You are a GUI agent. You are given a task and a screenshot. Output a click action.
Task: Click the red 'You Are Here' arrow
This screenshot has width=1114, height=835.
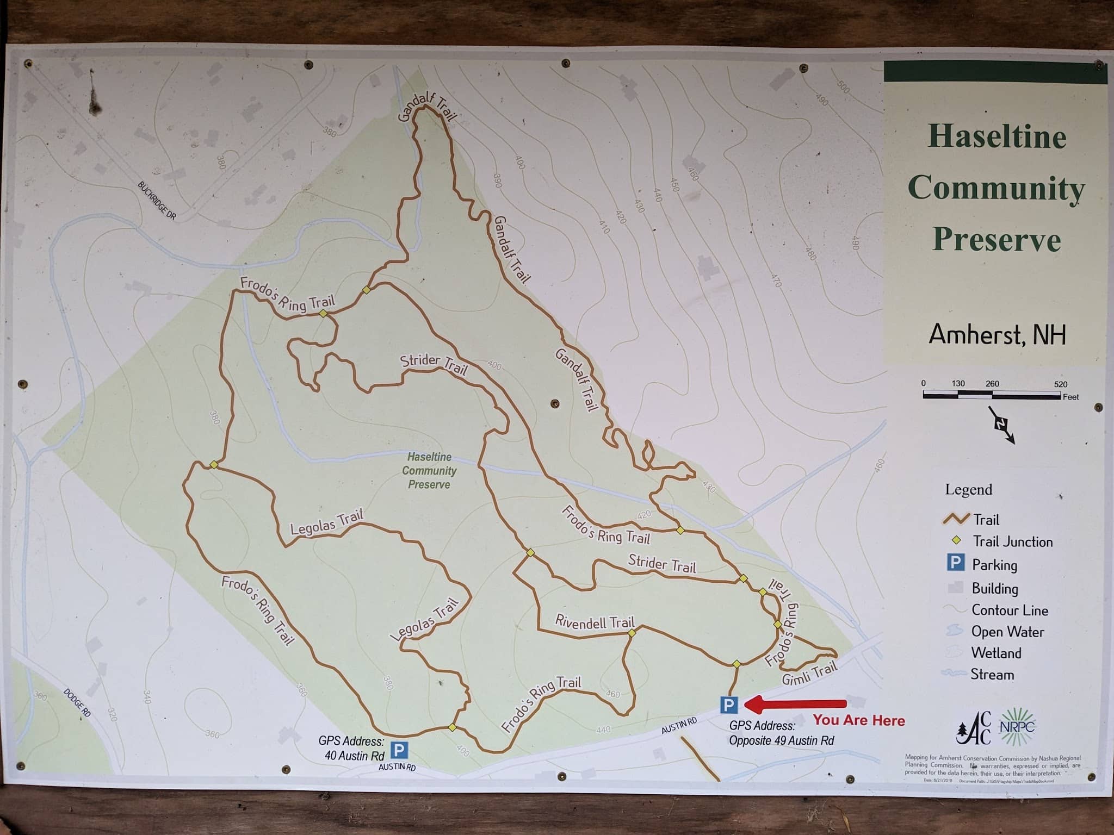point(794,705)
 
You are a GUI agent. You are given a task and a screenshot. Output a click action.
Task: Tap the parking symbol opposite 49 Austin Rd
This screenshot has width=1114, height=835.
point(728,705)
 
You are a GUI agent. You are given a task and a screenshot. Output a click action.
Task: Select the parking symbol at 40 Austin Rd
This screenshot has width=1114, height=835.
point(399,751)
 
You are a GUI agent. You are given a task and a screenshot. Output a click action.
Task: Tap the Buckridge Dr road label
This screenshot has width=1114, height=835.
point(157,201)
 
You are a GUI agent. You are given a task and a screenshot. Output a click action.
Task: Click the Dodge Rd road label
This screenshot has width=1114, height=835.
point(77,702)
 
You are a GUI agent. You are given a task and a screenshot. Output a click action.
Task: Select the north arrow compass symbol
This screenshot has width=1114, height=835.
point(1001,425)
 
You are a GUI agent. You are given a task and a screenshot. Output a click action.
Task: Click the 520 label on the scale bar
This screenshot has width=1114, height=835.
point(1060,384)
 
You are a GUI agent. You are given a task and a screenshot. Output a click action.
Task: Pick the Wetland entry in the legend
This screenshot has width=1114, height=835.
point(996,653)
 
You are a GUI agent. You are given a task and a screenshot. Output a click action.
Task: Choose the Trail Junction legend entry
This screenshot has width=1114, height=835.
point(1012,541)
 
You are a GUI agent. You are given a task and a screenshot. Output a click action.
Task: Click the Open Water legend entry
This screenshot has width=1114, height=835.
point(1007,632)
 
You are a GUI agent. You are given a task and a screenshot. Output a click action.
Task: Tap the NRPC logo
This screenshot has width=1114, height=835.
point(1017,726)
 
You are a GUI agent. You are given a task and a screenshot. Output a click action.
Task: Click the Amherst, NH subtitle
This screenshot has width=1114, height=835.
point(997,334)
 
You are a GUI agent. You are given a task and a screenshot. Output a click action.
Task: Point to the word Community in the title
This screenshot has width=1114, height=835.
point(996,189)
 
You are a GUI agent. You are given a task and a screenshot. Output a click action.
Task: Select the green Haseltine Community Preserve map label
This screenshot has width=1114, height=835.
point(429,471)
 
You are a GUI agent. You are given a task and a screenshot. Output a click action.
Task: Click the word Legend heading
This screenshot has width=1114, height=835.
point(968,490)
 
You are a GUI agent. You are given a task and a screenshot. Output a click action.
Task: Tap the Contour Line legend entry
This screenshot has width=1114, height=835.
point(1010,610)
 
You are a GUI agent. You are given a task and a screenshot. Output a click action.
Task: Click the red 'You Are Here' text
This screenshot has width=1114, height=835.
point(859,720)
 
